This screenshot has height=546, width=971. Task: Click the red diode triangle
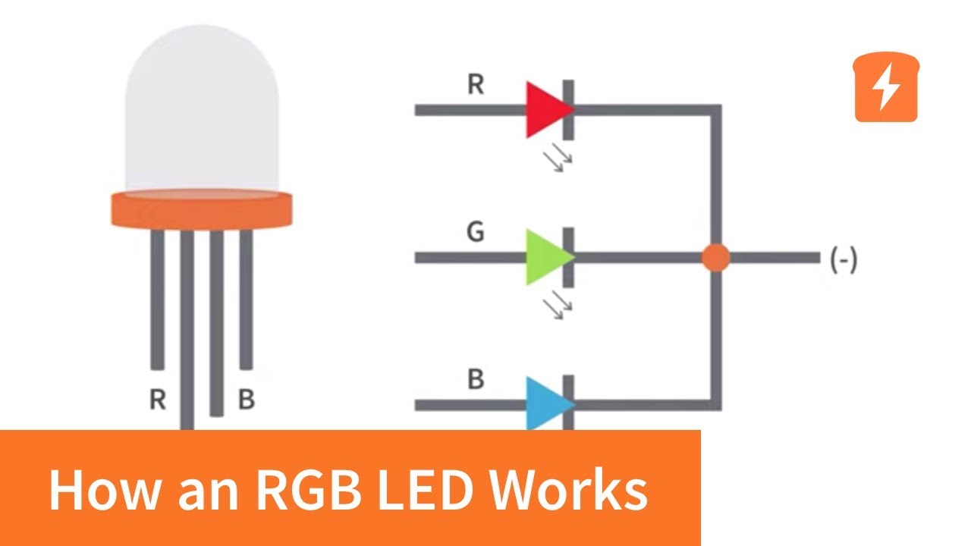coord(546,110)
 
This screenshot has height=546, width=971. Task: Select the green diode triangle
coord(546,258)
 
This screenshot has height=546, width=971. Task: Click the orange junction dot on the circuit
coord(715,258)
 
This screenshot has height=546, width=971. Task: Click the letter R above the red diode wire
coord(475,84)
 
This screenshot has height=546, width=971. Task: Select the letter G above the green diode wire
coord(475,232)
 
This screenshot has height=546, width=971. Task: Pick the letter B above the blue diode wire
coord(475,379)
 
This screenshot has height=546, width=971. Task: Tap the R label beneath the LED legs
coord(157,400)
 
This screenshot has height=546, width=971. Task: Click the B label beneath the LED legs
coord(246,400)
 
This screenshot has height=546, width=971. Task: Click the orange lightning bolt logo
coord(886,87)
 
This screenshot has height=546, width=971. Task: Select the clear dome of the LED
coord(202,114)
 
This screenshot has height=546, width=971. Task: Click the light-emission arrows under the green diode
coord(561,305)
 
